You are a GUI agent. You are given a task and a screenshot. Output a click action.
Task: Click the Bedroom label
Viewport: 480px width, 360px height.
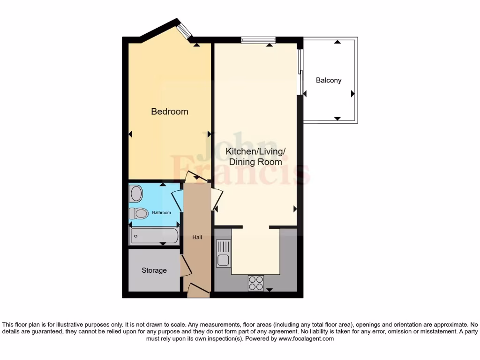pos(169,112)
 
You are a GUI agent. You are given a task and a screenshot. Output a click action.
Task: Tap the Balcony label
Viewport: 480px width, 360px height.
pos(328,80)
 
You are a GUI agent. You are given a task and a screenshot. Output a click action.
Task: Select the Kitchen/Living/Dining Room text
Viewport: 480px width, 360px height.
pos(255,157)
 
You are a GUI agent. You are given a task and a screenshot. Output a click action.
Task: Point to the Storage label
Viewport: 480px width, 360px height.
pos(154,270)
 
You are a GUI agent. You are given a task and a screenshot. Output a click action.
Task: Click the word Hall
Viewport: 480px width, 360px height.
pos(197,238)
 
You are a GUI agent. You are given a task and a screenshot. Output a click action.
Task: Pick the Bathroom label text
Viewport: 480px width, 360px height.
pos(161,213)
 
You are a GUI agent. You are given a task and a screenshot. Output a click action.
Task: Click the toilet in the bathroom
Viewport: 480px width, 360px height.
pos(138,214)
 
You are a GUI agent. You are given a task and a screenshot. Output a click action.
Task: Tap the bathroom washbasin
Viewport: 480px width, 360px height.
pos(136,193)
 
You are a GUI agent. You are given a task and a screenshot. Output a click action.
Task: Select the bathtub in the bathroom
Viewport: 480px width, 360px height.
pos(154,236)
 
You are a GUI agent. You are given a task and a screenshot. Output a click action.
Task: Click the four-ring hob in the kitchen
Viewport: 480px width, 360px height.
pos(256,283)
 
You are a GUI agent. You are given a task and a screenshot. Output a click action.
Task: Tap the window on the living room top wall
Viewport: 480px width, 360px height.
pos(258,40)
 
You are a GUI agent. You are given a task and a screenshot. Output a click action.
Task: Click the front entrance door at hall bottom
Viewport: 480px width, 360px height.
pos(198,290)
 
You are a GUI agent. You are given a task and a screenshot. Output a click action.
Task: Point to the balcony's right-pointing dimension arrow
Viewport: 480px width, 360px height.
pos(352,94)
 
